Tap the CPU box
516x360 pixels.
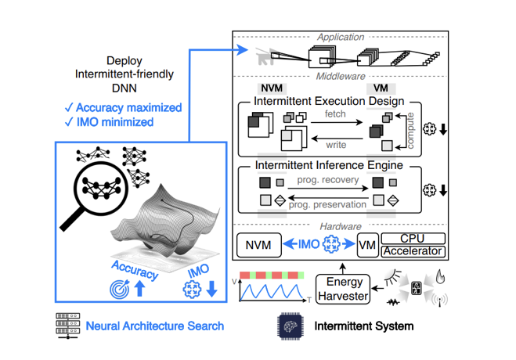click(413, 238)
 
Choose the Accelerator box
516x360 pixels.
click(413, 251)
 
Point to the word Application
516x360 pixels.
click(340, 36)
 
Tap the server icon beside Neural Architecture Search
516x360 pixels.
click(66, 325)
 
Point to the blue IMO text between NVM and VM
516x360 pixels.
click(308, 245)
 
